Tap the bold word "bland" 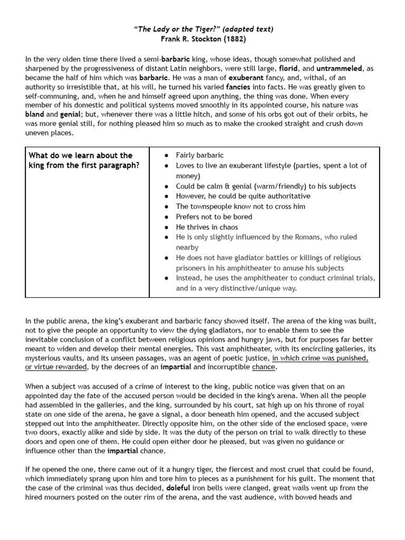point(35,113)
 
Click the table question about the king point(80,160)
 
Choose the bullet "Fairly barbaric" point(200,155)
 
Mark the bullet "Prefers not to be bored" point(214,217)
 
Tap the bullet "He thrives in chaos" point(207,227)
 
